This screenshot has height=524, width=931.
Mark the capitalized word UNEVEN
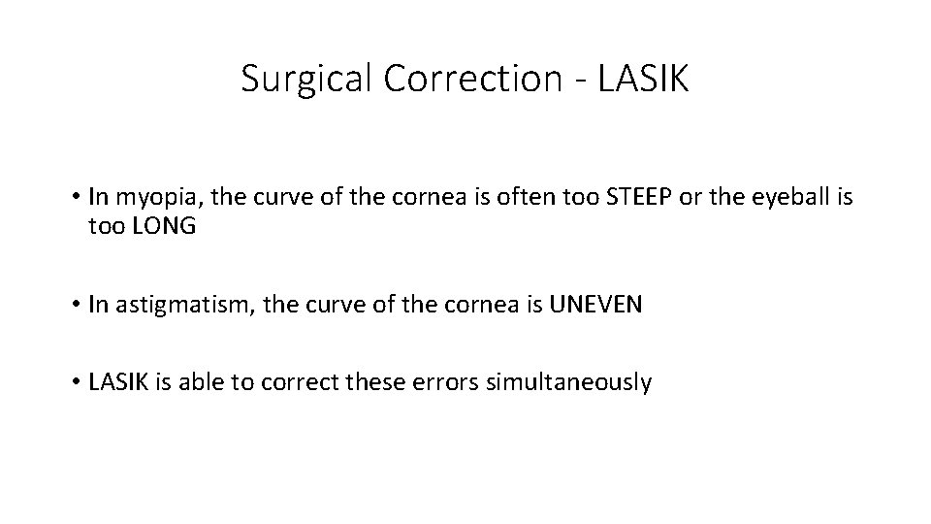(595, 305)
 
